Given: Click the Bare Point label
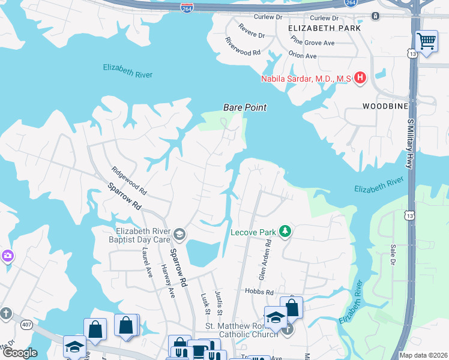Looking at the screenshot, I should pyautogui.click(x=244, y=107).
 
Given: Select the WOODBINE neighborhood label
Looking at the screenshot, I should pyautogui.click(x=385, y=106).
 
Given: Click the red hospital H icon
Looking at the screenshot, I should pyautogui.click(x=360, y=77).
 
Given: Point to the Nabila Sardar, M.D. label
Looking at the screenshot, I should pyautogui.click(x=306, y=78).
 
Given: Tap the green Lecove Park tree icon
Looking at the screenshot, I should pyautogui.click(x=286, y=231).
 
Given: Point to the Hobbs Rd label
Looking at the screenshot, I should pyautogui.click(x=259, y=291).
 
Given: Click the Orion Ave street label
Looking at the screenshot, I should pyautogui.click(x=303, y=56).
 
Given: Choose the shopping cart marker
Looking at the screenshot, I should pyautogui.click(x=426, y=41).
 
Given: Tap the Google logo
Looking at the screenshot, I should pyautogui.click(x=19, y=353).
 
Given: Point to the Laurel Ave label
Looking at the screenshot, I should pyautogui.click(x=146, y=260).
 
